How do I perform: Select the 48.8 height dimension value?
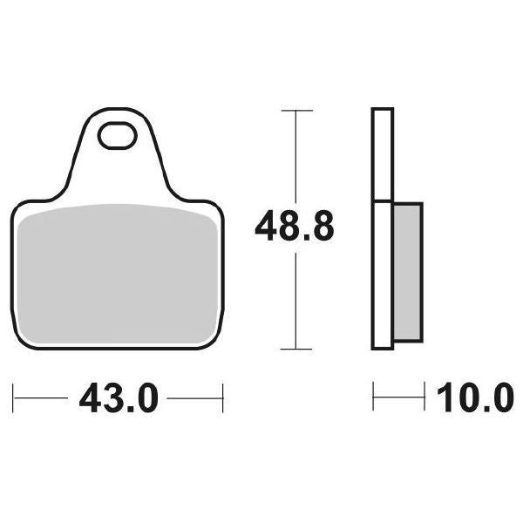click(294, 228)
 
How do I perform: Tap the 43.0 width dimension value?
click(119, 399)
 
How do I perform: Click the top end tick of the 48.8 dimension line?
click(297, 111)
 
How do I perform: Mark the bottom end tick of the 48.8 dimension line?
click(297, 349)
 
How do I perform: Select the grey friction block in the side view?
click(408, 270)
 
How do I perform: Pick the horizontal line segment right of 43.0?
click(196, 399)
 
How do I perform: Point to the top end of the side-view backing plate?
click(384, 110)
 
